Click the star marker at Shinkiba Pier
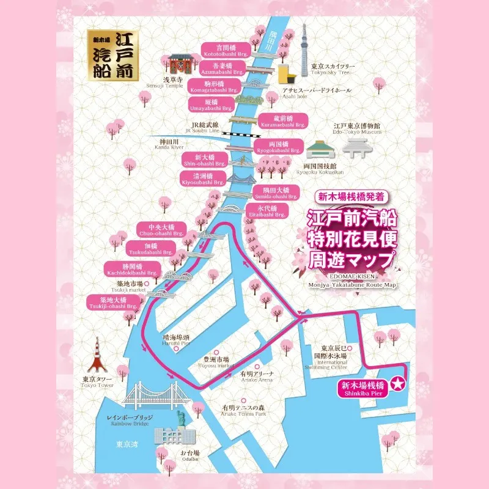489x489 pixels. pos(398,384)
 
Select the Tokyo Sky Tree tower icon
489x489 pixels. pos(304,52)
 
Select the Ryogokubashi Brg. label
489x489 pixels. pos(278,146)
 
